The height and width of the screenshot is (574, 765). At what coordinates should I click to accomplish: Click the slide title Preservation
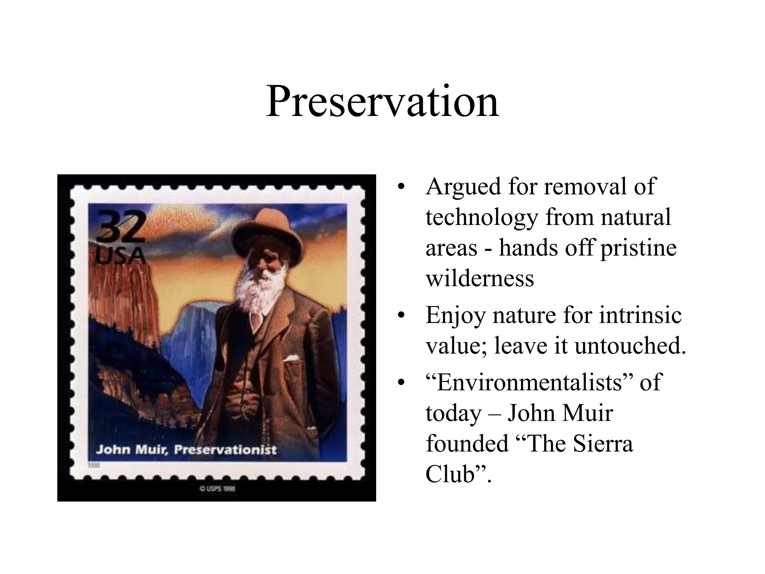pyautogui.click(x=382, y=102)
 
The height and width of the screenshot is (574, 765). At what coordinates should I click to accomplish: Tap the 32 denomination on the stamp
pyautogui.click(x=120, y=226)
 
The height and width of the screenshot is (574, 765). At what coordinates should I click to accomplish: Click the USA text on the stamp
pyautogui.click(x=120, y=256)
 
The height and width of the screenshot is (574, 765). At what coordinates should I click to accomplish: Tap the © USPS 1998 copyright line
pyautogui.click(x=217, y=488)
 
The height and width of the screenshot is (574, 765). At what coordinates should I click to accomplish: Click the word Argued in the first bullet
pyautogui.click(x=463, y=187)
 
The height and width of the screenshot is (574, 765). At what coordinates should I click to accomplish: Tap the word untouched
pyautogui.click(x=630, y=346)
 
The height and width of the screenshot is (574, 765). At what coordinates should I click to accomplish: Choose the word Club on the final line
pyautogui.click(x=450, y=474)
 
